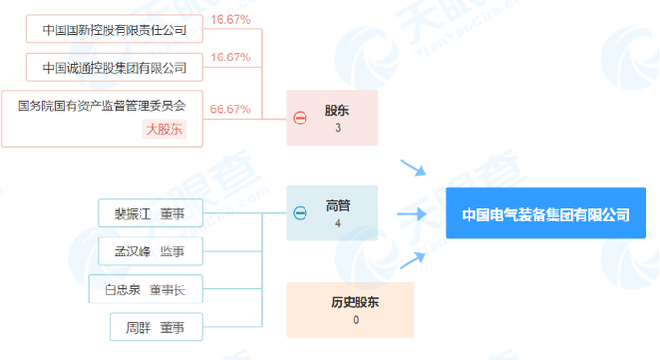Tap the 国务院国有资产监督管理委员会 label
(x=102, y=106)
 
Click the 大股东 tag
(x=164, y=129)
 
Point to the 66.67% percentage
(x=230, y=109)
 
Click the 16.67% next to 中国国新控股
(x=230, y=19)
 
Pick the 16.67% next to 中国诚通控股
(x=230, y=57)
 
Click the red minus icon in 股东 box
(x=300, y=119)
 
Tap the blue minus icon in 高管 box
(x=300, y=213)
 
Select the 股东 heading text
(x=338, y=110)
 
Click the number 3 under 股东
(x=338, y=128)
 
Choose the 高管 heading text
(x=338, y=205)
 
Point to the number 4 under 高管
(x=338, y=223)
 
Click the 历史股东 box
(x=350, y=310)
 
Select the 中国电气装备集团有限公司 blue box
(x=545, y=214)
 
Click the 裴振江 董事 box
(x=150, y=213)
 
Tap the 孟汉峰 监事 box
(x=150, y=251)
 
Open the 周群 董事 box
(x=150, y=328)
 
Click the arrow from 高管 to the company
(x=413, y=214)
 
